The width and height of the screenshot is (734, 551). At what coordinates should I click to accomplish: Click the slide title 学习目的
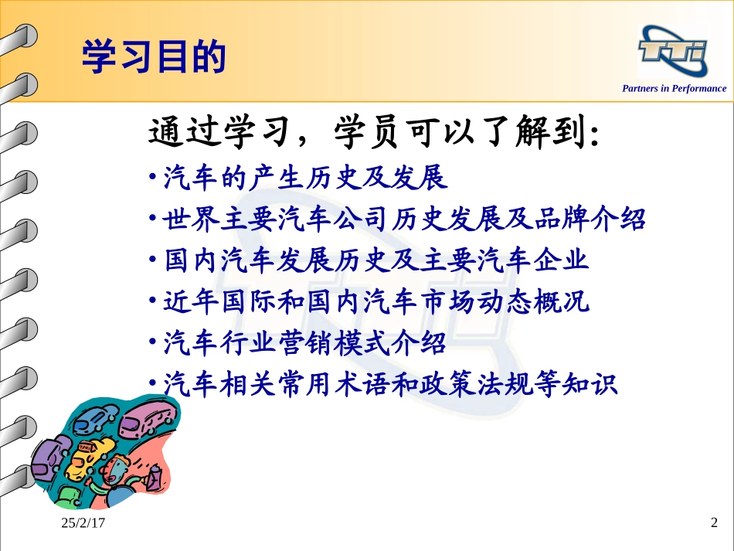pos(154,58)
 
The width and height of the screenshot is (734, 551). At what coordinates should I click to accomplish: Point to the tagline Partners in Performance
pos(674,88)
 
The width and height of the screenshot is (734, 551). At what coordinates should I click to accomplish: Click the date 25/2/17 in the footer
pos(83,525)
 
